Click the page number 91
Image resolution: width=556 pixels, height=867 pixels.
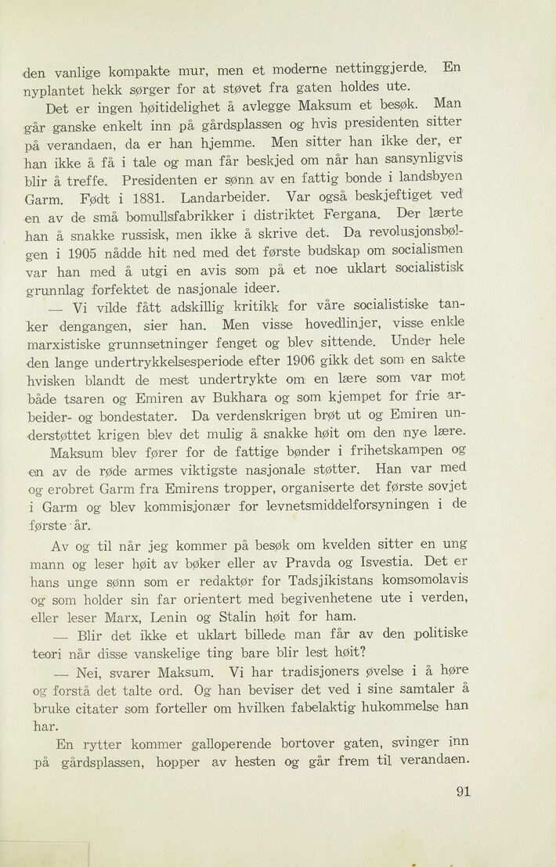(462, 791)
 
